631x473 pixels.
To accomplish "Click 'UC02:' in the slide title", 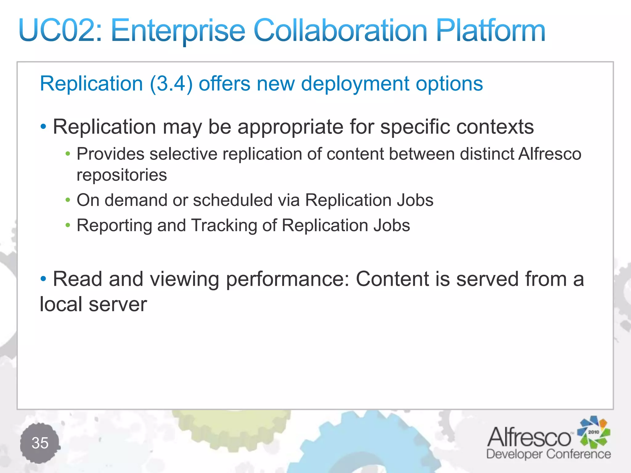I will (x=60, y=30).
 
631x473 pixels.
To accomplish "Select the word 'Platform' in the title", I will (x=490, y=30).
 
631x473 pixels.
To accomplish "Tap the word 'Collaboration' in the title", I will (x=340, y=30).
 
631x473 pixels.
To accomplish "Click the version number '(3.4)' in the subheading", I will (x=171, y=84).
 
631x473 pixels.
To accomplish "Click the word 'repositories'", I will (x=122, y=175).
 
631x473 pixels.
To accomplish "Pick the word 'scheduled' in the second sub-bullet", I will (x=233, y=200).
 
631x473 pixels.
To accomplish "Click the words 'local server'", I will (x=93, y=304).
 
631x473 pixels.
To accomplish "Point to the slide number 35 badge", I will (x=40, y=443).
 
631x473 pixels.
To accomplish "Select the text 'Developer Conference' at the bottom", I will (x=548, y=454).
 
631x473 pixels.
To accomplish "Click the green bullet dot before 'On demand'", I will (x=68, y=200).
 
